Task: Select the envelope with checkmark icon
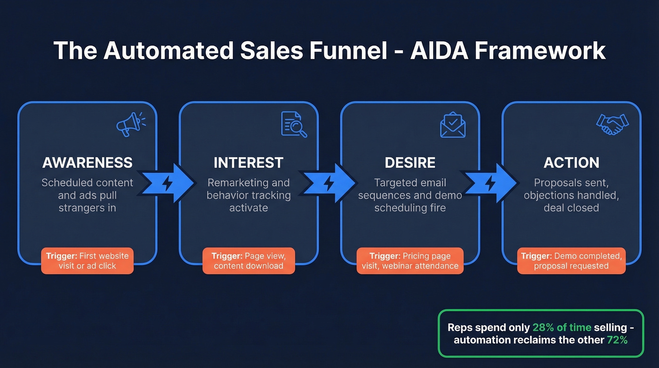tap(453, 124)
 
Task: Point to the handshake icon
tap(612, 124)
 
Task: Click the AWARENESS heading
tap(88, 163)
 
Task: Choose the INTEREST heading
tap(249, 163)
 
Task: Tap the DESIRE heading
tap(410, 163)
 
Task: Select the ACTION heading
tap(571, 163)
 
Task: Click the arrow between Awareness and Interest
tap(168, 182)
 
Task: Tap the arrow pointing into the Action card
tap(490, 182)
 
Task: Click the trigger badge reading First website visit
tap(88, 261)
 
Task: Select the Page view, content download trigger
tap(249, 261)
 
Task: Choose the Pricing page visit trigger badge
tap(410, 261)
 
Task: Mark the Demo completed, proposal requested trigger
tap(571, 261)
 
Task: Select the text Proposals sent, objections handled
tap(571, 189)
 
